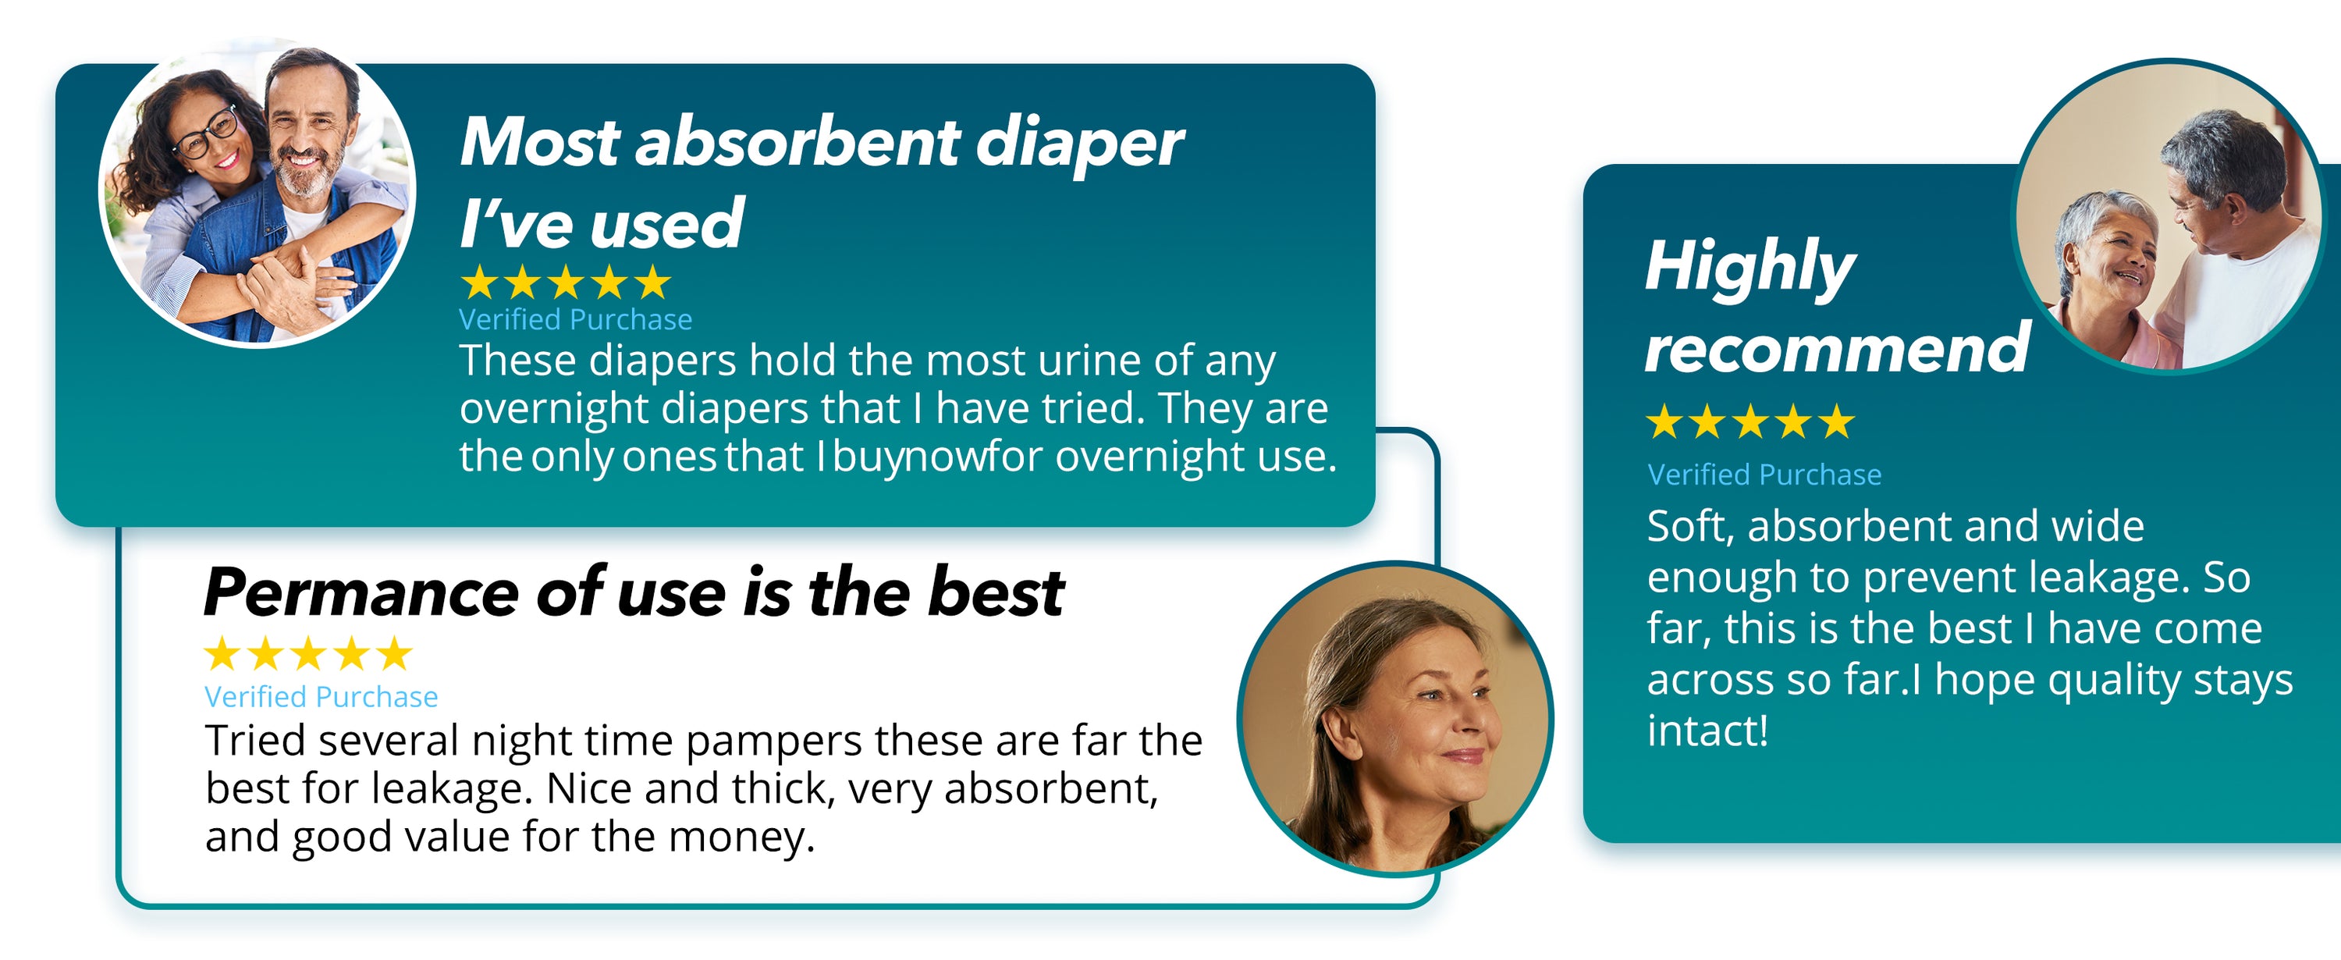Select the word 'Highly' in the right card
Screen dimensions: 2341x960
(1750, 267)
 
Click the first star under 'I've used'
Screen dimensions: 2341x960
(479, 283)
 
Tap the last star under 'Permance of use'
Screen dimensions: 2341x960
(393, 653)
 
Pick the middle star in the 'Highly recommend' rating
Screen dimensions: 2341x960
(1750, 421)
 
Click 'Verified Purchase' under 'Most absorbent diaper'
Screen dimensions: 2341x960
(575, 320)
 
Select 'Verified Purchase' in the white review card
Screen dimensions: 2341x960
(321, 697)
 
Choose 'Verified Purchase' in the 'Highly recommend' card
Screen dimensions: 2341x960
(1764, 475)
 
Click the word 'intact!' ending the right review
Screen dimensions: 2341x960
(1707, 731)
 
